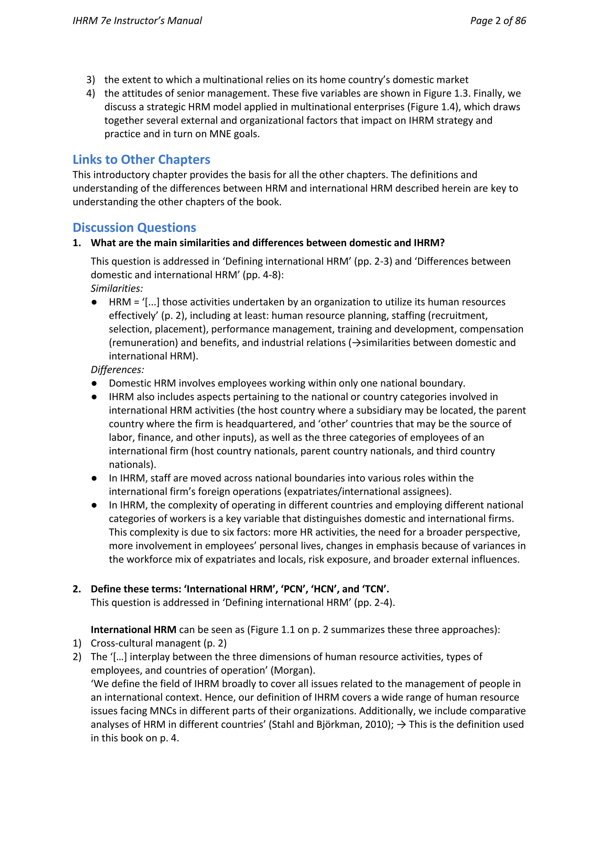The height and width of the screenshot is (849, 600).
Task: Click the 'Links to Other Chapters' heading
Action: (x=141, y=160)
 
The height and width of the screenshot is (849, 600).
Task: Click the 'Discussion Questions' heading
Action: (x=134, y=228)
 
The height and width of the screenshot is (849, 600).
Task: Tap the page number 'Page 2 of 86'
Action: (x=498, y=21)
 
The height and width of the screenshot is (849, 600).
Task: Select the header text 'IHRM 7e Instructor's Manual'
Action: (x=137, y=21)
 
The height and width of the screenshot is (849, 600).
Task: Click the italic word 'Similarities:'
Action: (x=117, y=288)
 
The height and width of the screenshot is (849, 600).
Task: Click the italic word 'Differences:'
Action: (x=117, y=370)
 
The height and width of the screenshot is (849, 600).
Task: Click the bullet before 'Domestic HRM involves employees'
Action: (x=94, y=383)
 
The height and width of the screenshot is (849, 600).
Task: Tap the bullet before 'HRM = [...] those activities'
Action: (x=94, y=302)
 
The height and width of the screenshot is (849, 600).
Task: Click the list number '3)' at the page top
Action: (x=91, y=80)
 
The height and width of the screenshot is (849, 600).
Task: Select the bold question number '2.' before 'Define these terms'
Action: (x=77, y=589)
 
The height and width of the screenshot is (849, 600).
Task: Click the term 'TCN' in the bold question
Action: (x=375, y=589)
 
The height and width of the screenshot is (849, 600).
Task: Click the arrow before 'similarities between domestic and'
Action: (x=356, y=343)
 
